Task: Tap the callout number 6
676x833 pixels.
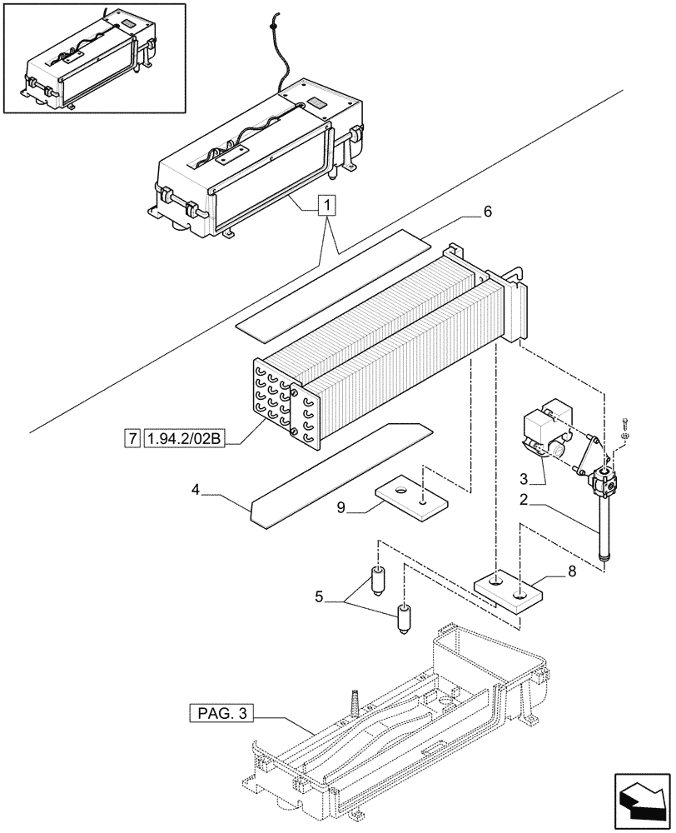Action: (487, 212)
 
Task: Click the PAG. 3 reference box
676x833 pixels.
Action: (220, 713)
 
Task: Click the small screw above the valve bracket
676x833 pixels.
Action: (625, 426)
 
